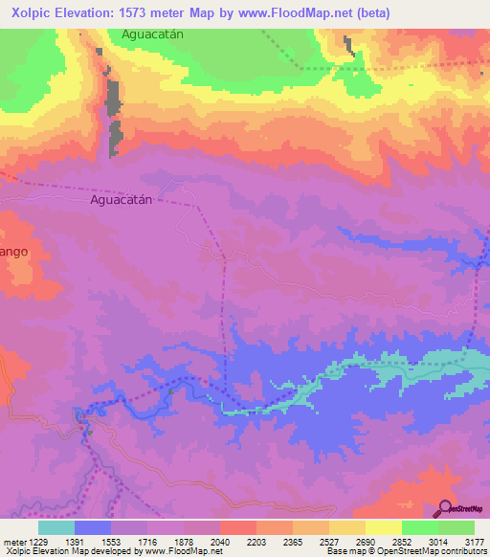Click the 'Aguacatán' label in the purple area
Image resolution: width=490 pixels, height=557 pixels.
[x=122, y=202]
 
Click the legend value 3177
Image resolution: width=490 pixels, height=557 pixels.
[x=475, y=542]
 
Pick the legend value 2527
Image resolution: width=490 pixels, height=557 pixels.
[x=328, y=542]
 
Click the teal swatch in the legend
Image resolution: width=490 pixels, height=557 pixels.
[x=56, y=527]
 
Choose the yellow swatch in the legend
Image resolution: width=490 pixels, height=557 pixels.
[x=383, y=527]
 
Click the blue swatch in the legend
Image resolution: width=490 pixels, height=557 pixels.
[x=92, y=527]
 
